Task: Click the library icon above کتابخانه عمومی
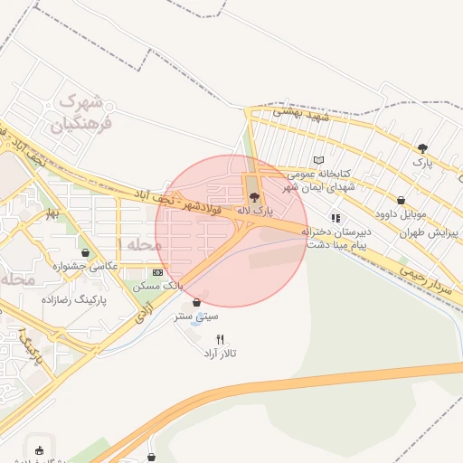(317, 160)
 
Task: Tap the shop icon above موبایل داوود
(402, 201)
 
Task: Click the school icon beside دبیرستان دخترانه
(335, 218)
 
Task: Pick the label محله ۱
(140, 245)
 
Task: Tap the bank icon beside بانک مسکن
(158, 272)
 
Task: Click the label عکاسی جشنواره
(86, 266)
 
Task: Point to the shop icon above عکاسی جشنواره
(85, 253)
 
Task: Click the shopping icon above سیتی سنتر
(196, 303)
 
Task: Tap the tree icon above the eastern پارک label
(422, 148)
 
